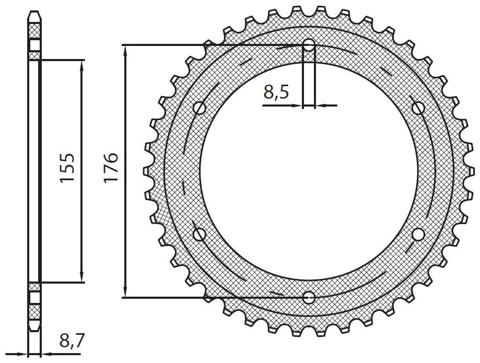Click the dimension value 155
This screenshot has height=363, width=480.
68,168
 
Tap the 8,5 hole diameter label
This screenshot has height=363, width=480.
276,93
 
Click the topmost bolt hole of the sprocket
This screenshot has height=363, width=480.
309,45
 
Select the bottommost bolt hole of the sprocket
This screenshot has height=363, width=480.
309,298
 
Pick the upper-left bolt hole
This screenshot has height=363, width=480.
200,108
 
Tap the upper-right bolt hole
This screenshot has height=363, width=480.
418,108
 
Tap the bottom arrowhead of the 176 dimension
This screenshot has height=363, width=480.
125,292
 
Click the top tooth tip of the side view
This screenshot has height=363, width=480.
34,11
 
